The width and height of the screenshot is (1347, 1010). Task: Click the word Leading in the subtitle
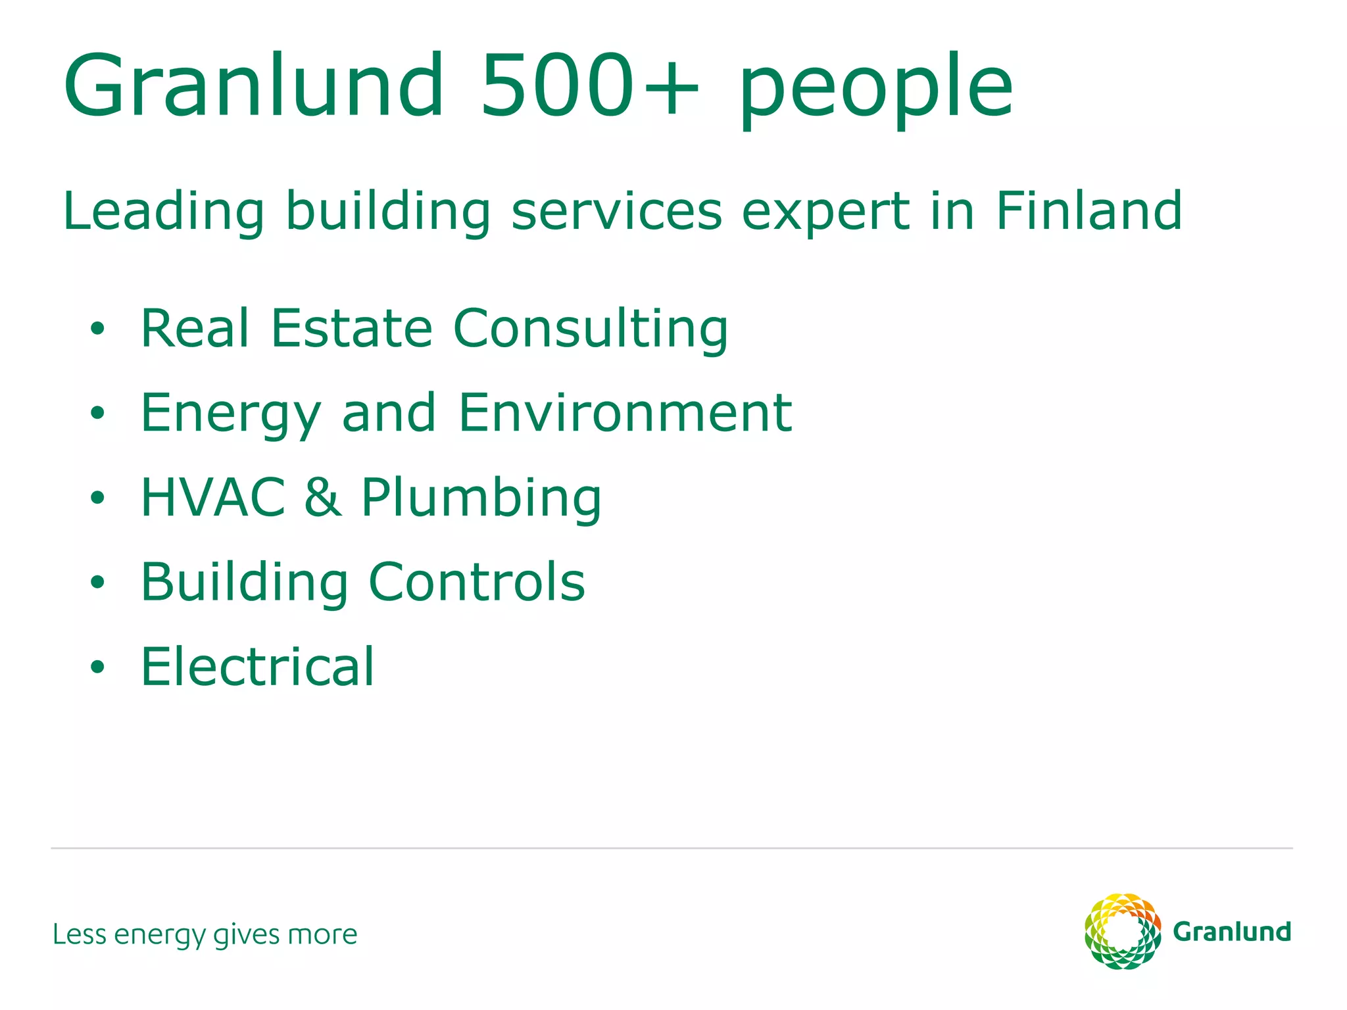click(164, 212)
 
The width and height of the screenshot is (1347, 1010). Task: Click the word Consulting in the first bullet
click(591, 329)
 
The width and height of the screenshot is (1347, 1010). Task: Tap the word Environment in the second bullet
click(625, 413)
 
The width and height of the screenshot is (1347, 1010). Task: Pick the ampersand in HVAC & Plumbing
click(323, 497)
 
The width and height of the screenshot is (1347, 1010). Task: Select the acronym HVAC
click(213, 497)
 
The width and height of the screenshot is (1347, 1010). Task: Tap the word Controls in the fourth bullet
click(476, 582)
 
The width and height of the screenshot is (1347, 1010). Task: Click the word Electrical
click(257, 667)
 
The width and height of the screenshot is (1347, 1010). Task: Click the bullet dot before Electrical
click(97, 667)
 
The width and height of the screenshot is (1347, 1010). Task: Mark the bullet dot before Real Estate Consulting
click(97, 328)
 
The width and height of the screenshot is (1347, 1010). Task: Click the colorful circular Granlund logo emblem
click(1123, 931)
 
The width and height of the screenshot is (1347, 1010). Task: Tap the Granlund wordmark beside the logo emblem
click(1232, 932)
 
